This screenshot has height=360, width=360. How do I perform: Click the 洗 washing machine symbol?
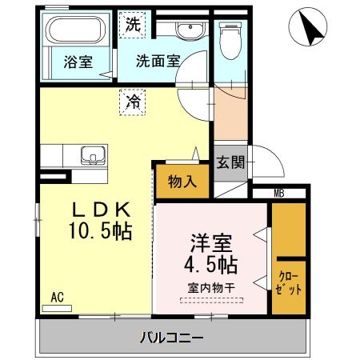click(132, 24)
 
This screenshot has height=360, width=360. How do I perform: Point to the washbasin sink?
click(189, 31)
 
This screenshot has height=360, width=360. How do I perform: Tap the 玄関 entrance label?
click(231, 162)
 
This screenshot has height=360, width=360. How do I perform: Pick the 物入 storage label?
click(182, 182)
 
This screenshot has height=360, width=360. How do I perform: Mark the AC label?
click(57, 297)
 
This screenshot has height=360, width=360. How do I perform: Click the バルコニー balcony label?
click(173, 337)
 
